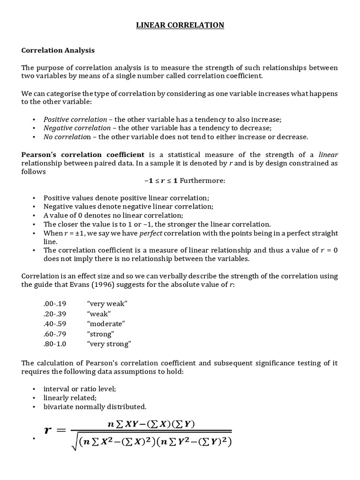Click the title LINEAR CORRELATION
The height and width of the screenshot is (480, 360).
tap(180, 25)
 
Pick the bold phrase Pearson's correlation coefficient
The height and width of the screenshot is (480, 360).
tap(82, 154)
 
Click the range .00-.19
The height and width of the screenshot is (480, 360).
tap(55, 304)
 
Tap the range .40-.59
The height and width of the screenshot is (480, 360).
tap(55, 324)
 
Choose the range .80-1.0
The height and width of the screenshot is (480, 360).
tap(55, 344)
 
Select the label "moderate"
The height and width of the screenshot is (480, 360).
tap(105, 324)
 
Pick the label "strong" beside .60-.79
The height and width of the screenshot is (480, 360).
tap(101, 334)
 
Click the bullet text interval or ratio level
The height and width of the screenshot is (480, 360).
tap(73, 389)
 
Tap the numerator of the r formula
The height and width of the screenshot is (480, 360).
tap(150, 424)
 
